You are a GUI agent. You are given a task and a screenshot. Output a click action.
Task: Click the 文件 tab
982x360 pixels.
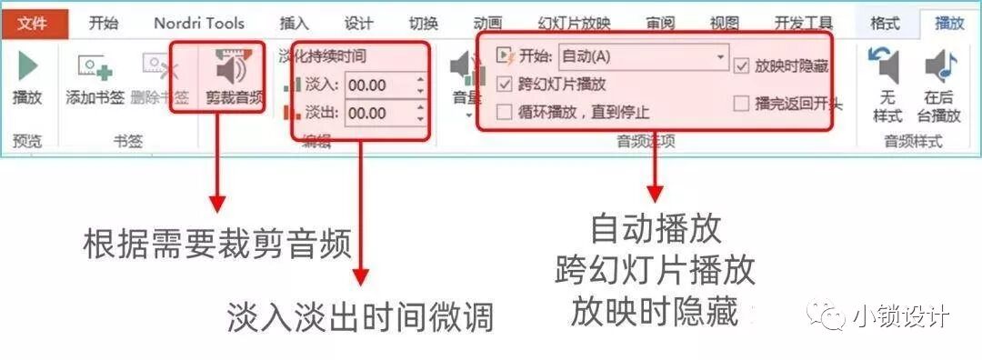click(x=33, y=23)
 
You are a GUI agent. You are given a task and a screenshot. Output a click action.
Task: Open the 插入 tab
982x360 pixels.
click(x=294, y=23)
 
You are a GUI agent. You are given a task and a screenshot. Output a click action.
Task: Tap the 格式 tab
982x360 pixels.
click(x=885, y=23)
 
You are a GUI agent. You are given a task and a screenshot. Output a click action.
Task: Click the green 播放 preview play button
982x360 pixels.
click(x=28, y=77)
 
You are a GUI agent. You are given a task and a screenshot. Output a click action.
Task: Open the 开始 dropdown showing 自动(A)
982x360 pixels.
click(x=643, y=56)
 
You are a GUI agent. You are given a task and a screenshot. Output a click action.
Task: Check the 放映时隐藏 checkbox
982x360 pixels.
click(x=742, y=65)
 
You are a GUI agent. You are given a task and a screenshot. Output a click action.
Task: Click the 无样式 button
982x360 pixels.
click(x=887, y=86)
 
